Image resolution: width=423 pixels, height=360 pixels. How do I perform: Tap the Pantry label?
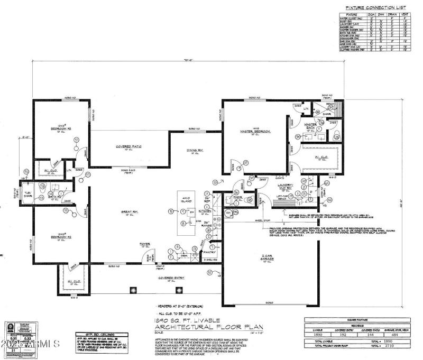[x=211, y=253]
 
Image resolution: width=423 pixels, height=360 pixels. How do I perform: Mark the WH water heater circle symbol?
[x=228, y=213]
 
